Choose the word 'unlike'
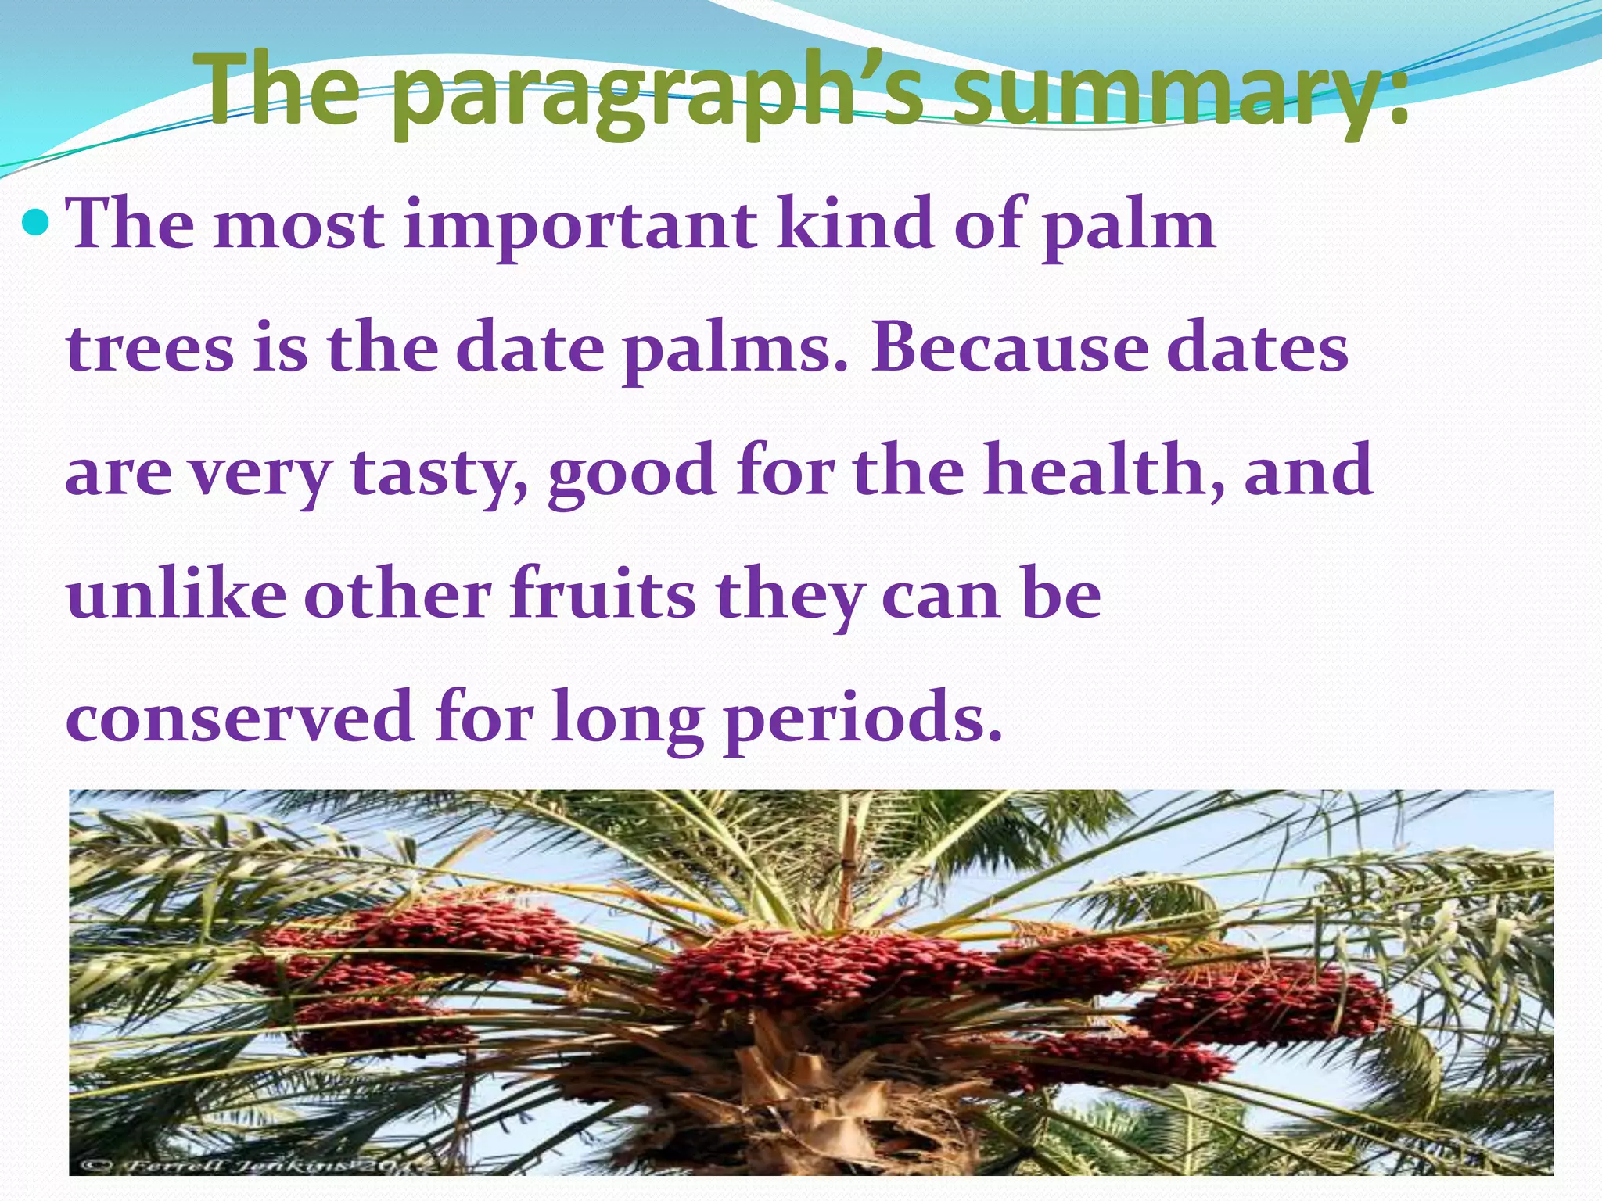[x=177, y=594]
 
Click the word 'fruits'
[x=602, y=594]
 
